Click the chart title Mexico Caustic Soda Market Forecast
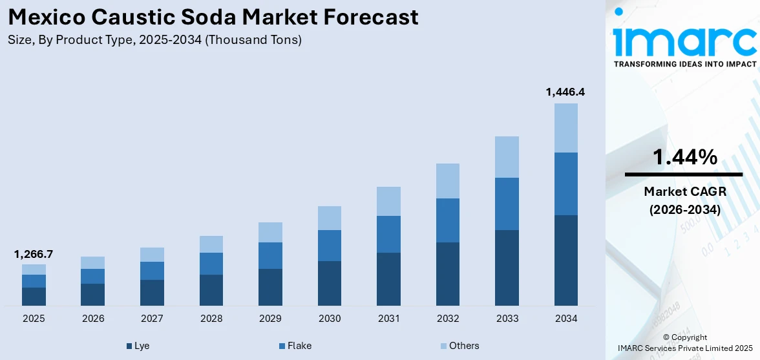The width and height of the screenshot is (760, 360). (213, 17)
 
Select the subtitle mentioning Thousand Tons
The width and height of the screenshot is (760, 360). (154, 40)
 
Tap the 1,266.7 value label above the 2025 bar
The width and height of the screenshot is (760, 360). (34, 254)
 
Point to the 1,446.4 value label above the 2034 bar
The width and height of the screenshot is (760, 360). (565, 92)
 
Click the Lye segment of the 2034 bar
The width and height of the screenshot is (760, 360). (566, 260)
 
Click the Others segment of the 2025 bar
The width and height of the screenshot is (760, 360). (34, 269)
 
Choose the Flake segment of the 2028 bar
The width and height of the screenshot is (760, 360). (211, 263)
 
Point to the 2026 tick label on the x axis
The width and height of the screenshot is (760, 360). (92, 319)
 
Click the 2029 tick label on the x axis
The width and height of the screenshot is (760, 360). (270, 319)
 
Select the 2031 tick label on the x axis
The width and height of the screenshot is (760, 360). (388, 319)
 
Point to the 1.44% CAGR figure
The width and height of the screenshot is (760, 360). (684, 156)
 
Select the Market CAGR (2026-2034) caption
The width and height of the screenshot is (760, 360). (684, 200)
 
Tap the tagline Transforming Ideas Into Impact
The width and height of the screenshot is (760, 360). (684, 64)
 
